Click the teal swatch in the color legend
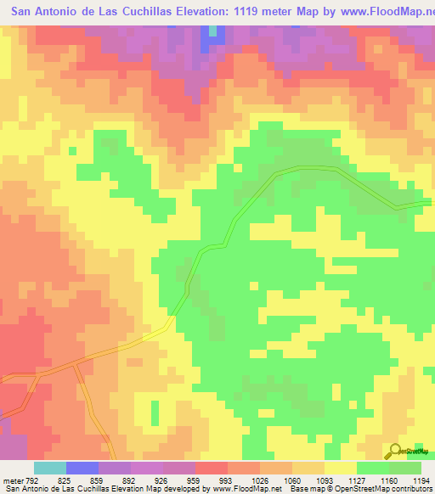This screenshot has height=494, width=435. pyautogui.click(x=50, y=467)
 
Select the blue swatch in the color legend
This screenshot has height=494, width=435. pyautogui.click(x=82, y=467)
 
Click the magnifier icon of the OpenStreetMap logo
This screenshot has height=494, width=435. pyautogui.click(x=395, y=451)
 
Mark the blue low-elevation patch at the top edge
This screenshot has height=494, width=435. pyautogui.click(x=207, y=38)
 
